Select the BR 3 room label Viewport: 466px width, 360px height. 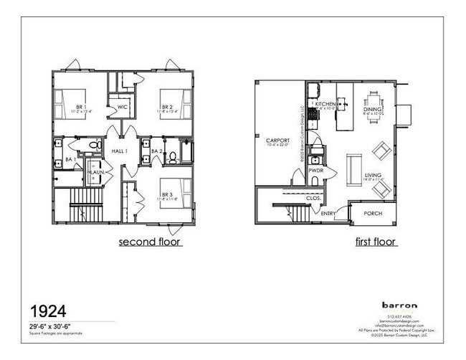tap(167, 194)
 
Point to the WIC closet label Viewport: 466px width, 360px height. tap(123, 108)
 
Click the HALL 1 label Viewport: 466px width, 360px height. tap(120, 151)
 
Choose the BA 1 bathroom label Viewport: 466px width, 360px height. tap(71, 159)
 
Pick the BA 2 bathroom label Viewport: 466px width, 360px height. tap(156, 151)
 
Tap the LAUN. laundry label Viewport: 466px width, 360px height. tap(95, 172)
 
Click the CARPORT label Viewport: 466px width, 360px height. tap(277, 140)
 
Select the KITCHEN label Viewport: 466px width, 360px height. tap(325, 104)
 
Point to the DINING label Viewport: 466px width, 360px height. tap(372, 109)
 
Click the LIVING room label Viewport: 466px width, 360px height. tap(373, 175)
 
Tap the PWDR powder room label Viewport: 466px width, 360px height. tap(315, 171)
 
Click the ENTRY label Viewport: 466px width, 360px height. tap(328, 213)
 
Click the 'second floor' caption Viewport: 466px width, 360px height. tap(150, 242)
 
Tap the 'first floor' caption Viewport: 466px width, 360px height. tap(376, 242)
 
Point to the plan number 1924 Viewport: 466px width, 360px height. tap(48, 311)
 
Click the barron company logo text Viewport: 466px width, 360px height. tap(399, 305)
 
